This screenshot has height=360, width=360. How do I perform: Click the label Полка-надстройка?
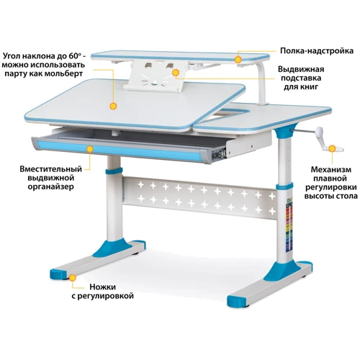[x=317, y=51]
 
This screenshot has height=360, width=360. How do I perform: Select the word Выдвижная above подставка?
[x=301, y=69]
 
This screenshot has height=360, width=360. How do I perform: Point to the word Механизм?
[x=331, y=169]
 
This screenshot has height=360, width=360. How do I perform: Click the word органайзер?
[x=51, y=186]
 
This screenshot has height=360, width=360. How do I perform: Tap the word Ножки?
[x=103, y=287]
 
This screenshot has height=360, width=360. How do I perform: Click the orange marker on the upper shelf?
[x=238, y=59]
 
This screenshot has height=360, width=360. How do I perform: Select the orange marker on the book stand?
[x=176, y=73]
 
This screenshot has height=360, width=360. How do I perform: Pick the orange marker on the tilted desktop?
[x=113, y=106]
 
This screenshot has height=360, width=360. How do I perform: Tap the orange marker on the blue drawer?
[x=90, y=149]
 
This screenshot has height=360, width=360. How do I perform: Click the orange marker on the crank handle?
[x=332, y=149]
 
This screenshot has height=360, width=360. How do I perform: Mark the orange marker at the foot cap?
[x=73, y=278]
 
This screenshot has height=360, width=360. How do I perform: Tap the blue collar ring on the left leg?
[x=114, y=171]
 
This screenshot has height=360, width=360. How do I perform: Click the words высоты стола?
[x=331, y=196]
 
